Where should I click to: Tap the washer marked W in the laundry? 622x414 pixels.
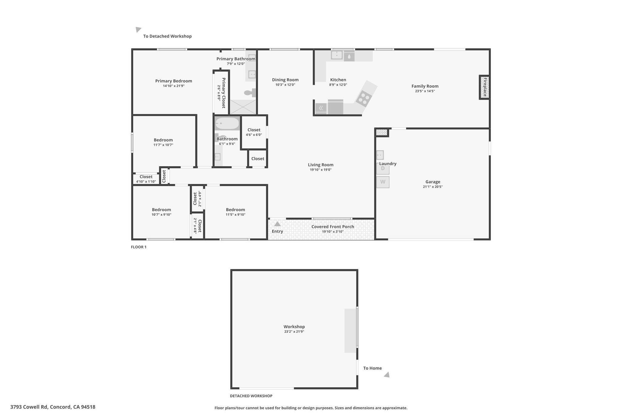point(383,182)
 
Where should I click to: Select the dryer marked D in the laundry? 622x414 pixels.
point(383,169)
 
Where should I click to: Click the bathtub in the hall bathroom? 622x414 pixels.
point(227,124)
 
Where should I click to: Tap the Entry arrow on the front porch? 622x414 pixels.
point(277,224)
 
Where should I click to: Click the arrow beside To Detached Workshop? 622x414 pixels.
point(138,29)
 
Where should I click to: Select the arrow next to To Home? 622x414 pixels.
point(387,375)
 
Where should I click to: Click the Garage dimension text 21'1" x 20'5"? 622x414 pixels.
point(433,187)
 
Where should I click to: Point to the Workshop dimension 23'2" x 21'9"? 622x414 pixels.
point(294,332)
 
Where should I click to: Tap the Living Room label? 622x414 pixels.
point(321,165)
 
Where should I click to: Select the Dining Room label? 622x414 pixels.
point(285,80)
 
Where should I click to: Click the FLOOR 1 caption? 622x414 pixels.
point(138,247)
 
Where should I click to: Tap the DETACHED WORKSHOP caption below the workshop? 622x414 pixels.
point(251,396)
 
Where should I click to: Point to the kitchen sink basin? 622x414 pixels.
point(337,55)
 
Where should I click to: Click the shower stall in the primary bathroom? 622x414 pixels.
point(243,107)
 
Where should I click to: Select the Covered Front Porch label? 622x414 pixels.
point(333,227)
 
